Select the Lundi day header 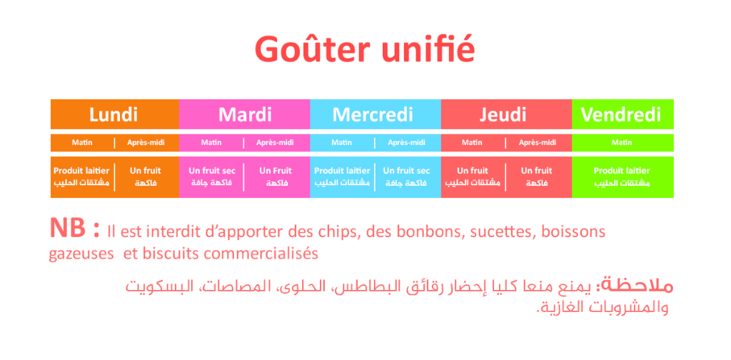(x=114, y=115)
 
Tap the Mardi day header (x=245, y=115)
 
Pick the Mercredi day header (x=373, y=115)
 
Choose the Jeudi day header (x=503, y=115)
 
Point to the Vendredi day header (x=621, y=115)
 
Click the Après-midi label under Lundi (x=146, y=143)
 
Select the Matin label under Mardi (x=211, y=143)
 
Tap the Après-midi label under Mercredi (x=406, y=143)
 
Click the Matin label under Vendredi (x=622, y=143)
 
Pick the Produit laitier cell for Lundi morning (x=81, y=176)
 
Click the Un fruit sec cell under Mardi (x=212, y=176)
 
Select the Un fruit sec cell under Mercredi (x=406, y=176)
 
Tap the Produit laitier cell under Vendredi (x=622, y=176)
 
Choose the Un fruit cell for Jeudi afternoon (x=536, y=176)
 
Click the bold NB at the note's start (x=68, y=228)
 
